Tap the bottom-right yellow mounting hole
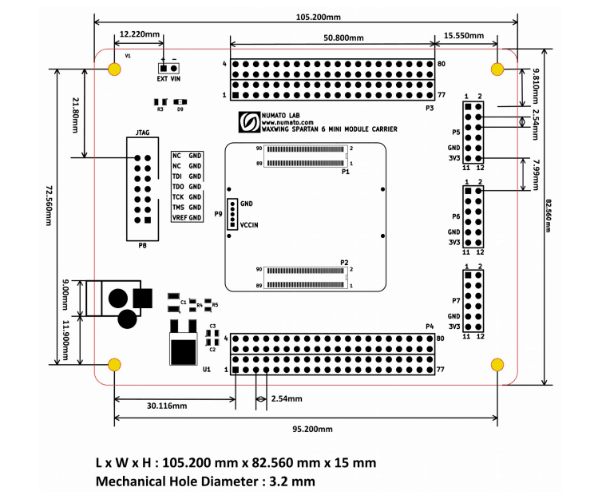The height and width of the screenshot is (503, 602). click(x=497, y=365)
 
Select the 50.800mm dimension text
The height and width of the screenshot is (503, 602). click(x=343, y=38)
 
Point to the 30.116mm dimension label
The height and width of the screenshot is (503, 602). click(x=166, y=406)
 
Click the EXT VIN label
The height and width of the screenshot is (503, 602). click(x=169, y=80)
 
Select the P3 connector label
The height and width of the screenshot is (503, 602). click(x=429, y=107)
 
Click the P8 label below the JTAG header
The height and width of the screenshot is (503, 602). click(x=142, y=246)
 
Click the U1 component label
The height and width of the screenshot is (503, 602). click(x=206, y=370)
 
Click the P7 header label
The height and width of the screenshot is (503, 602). click(x=455, y=302)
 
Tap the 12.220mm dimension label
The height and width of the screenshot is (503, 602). click(x=139, y=35)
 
